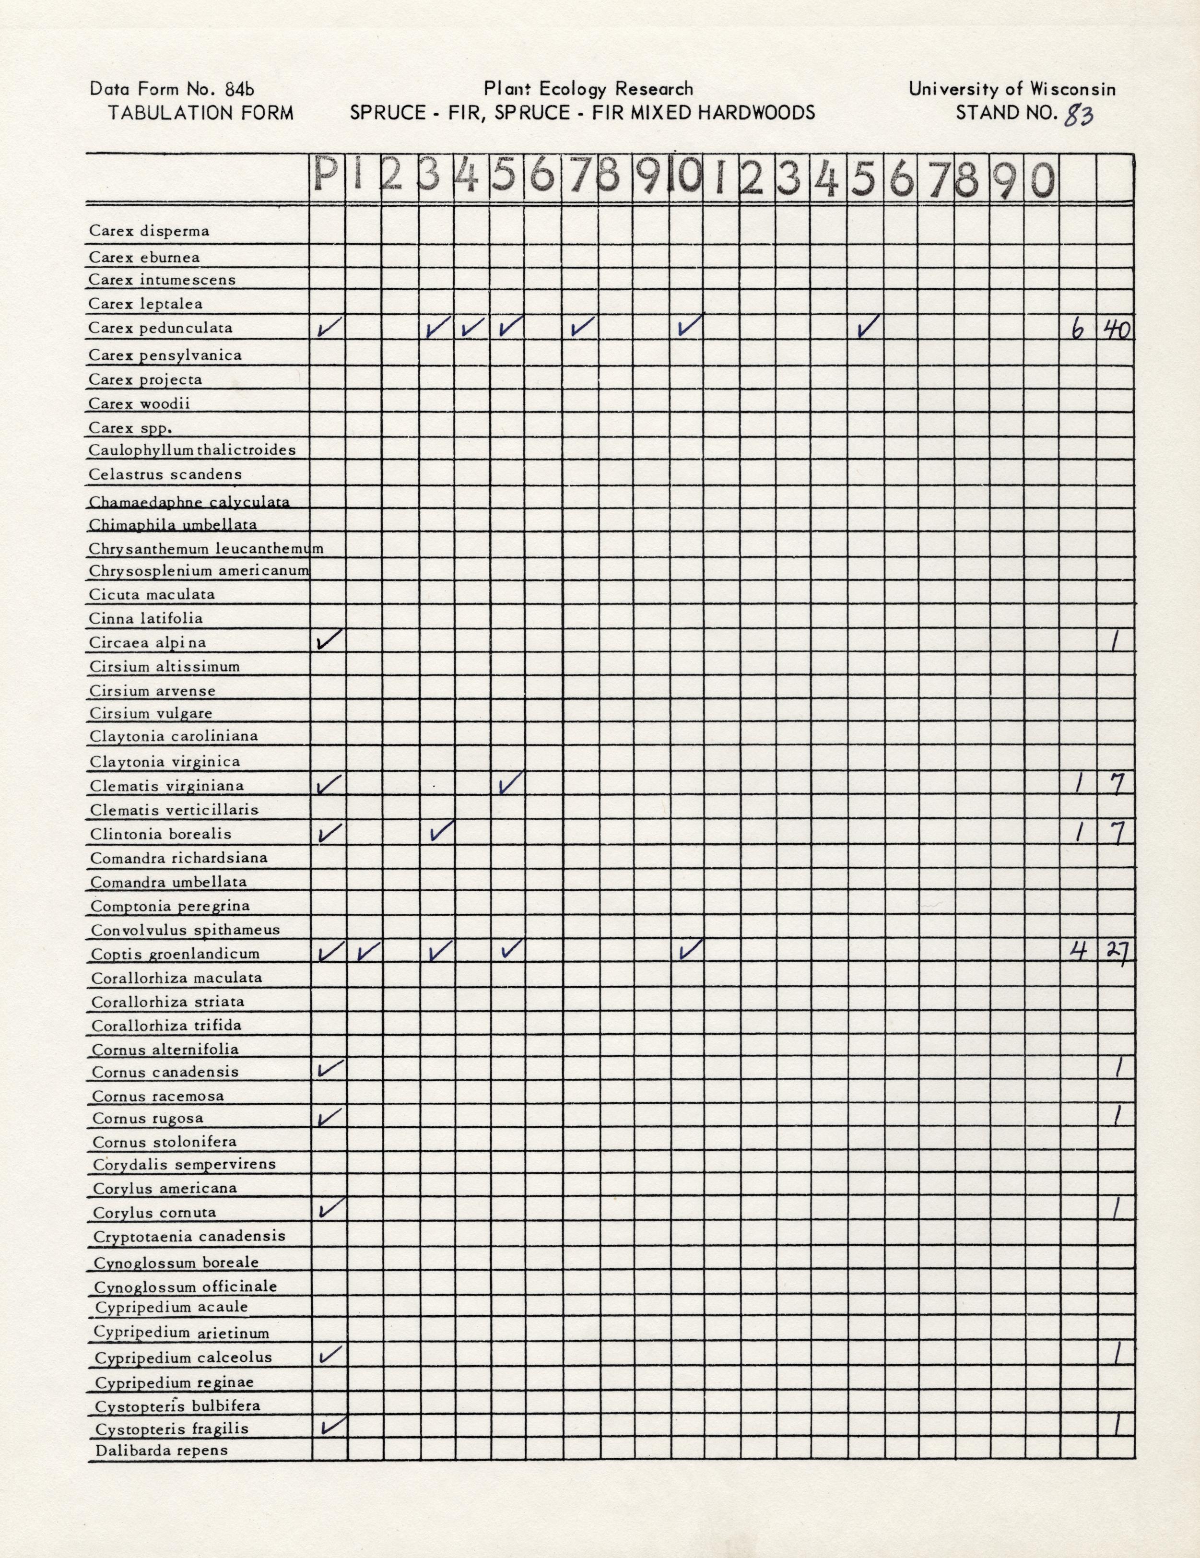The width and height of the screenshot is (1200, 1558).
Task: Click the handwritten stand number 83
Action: [1078, 114]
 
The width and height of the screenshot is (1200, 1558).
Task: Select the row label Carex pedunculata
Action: [161, 328]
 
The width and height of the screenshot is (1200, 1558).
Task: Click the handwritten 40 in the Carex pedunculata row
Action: [1116, 329]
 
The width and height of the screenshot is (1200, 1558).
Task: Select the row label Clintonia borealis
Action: [161, 834]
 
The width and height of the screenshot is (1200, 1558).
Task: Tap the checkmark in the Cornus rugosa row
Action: [329, 1116]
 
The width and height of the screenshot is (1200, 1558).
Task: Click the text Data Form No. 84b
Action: [172, 89]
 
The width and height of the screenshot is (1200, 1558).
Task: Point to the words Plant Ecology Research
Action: [588, 89]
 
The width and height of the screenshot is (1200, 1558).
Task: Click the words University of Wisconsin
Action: [1012, 89]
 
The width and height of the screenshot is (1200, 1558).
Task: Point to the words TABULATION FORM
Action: [200, 113]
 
